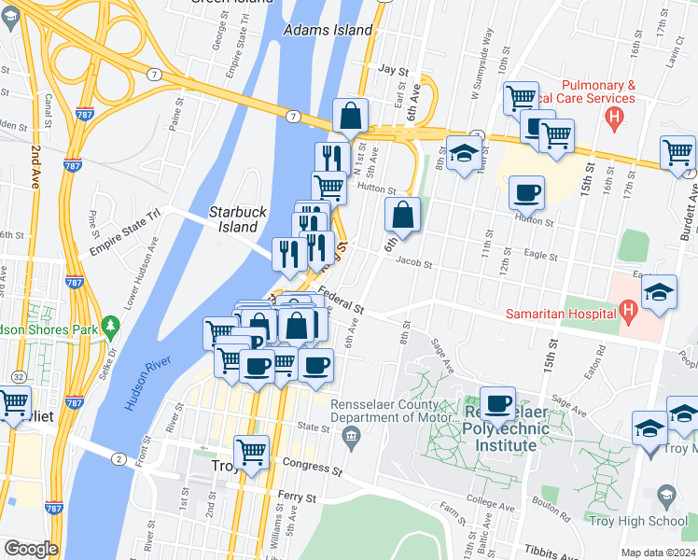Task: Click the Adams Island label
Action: point(327,30)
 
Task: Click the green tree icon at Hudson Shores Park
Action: point(111,326)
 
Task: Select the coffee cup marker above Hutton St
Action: point(527,192)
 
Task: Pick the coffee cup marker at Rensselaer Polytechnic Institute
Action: point(499,403)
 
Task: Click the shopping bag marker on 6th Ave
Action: point(401,214)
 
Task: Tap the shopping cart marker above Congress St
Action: point(252,452)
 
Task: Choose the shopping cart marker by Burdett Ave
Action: point(677,152)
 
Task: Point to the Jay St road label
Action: point(395,70)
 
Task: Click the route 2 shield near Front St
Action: point(119,458)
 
